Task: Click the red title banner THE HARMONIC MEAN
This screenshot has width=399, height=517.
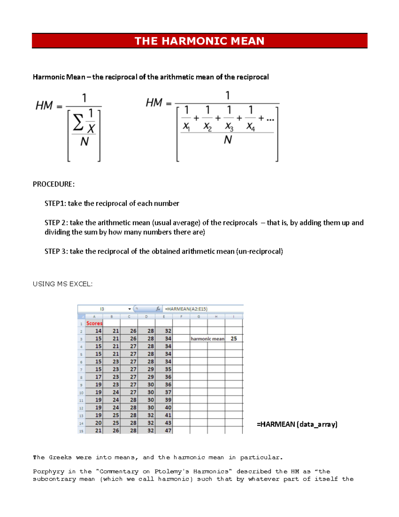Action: [199, 41]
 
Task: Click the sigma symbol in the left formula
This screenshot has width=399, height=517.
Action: [78, 123]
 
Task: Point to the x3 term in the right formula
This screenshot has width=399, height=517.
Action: [229, 127]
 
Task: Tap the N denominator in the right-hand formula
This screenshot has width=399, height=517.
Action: [228, 140]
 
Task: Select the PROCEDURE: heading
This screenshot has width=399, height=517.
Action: [54, 184]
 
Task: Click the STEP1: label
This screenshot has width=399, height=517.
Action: [55, 203]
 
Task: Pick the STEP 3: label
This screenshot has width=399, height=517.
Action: [56, 251]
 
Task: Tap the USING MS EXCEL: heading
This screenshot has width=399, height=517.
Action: [63, 284]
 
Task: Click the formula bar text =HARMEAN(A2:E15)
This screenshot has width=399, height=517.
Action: [186, 309]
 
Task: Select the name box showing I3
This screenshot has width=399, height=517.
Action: [102, 309]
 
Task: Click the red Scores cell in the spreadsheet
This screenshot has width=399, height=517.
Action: [94, 323]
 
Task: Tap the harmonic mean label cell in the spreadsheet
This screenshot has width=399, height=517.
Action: [207, 339]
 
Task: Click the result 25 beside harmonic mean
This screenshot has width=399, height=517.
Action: [234, 339]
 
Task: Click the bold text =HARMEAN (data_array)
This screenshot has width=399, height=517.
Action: [297, 424]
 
